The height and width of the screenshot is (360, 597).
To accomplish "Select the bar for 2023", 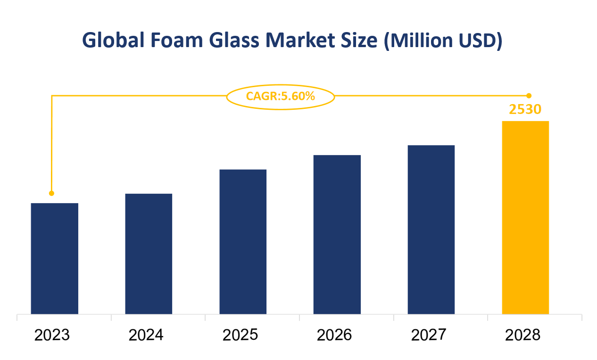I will click(54, 258).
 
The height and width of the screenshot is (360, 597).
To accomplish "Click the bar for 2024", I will click(149, 254).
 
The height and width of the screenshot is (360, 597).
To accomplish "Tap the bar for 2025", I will click(243, 241).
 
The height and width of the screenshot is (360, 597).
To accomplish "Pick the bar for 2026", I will click(337, 234).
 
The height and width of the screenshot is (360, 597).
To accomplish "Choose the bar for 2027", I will click(431, 229).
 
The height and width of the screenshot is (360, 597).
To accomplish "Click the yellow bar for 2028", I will click(525, 217).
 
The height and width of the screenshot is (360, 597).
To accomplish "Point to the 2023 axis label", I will click(52, 335).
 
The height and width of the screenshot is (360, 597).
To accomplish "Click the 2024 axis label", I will click(146, 335).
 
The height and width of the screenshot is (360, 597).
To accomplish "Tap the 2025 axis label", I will click(240, 335).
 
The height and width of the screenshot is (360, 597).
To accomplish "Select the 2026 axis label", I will click(334, 335).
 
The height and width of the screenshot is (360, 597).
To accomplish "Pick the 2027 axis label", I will click(429, 335).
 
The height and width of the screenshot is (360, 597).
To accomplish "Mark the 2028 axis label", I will click(523, 335).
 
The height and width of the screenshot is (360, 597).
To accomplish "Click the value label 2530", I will click(525, 109).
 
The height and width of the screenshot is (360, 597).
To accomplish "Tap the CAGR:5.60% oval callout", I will click(281, 97).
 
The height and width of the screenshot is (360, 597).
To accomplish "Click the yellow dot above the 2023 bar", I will click(51, 193).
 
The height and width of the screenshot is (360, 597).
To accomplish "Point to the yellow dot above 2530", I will click(529, 96).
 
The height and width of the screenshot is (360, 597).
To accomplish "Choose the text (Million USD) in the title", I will click(443, 41).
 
